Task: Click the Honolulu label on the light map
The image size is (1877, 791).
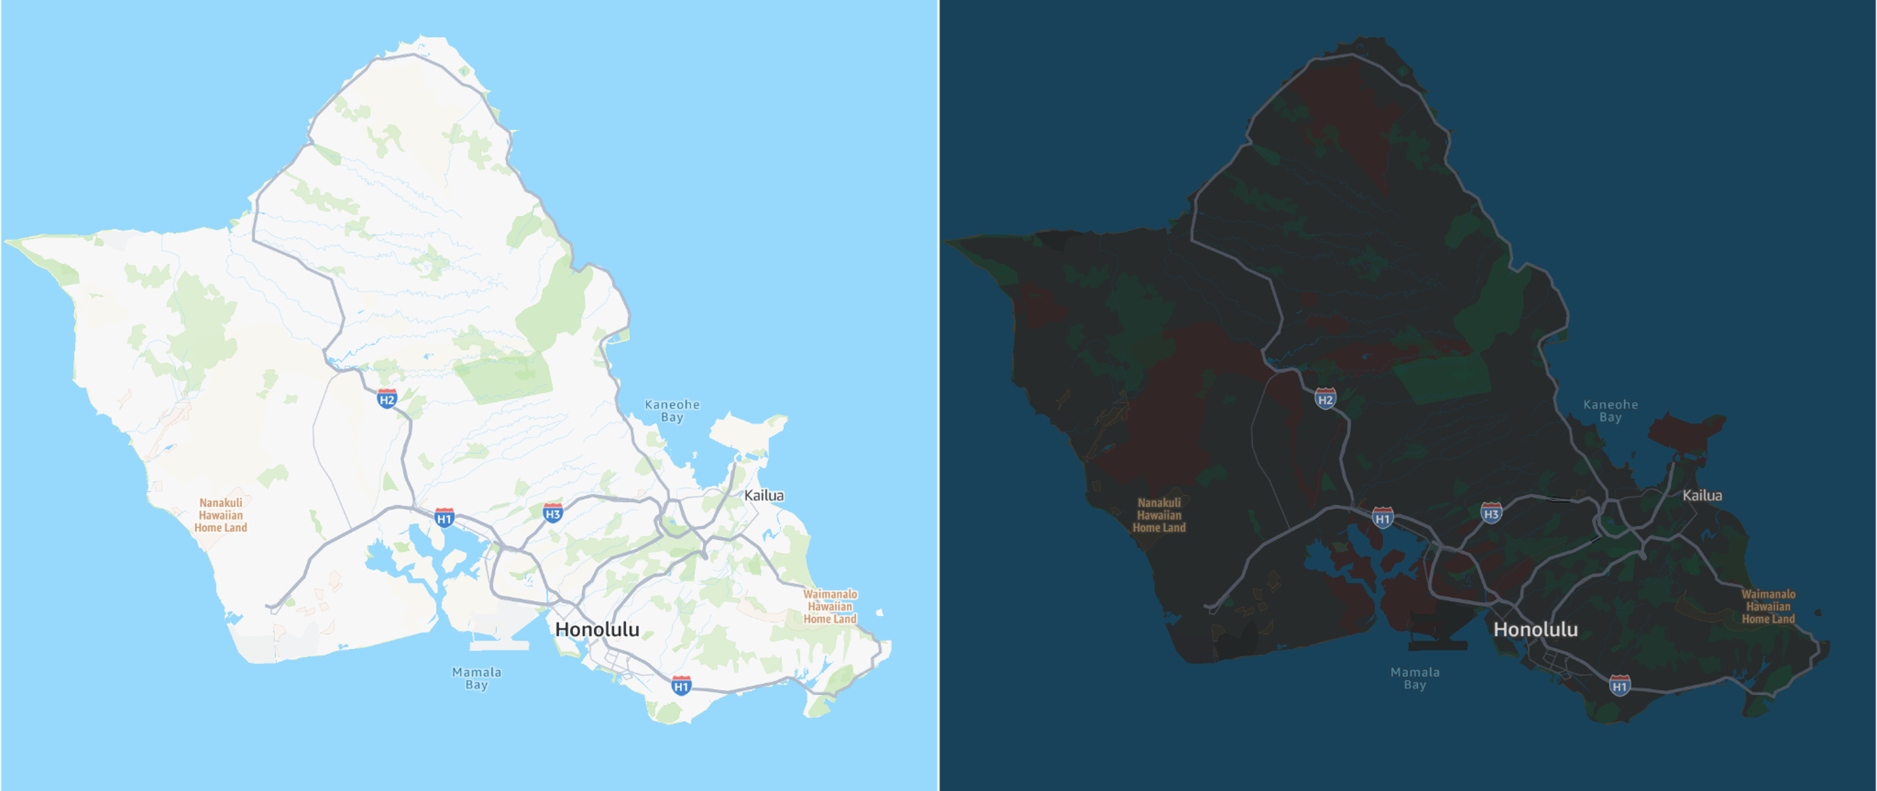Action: click(597, 630)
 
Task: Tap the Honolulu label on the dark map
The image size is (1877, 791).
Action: click(1535, 630)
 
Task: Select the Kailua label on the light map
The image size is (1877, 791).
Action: click(764, 496)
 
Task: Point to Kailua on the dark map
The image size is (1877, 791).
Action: click(1702, 496)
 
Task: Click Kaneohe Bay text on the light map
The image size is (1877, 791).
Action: click(672, 410)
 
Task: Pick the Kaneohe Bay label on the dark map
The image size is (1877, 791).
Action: click(1611, 410)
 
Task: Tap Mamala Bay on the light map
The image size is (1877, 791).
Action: click(477, 678)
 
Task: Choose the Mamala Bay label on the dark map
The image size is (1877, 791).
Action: click(1415, 678)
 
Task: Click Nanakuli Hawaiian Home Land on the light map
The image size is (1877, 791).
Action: click(221, 515)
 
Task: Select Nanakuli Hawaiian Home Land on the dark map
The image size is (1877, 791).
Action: click(1159, 515)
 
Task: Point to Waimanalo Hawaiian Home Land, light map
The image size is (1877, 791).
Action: click(830, 606)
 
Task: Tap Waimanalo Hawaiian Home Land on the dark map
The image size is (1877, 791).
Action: click(1768, 606)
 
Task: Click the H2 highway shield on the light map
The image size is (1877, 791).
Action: click(387, 399)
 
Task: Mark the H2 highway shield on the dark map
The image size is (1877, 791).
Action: click(1325, 399)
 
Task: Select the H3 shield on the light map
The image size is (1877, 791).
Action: click(553, 513)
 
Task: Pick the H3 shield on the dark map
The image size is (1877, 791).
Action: click(1491, 513)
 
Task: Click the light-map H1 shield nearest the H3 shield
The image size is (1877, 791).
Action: click(444, 518)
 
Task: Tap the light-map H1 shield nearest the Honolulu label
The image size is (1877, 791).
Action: click(681, 685)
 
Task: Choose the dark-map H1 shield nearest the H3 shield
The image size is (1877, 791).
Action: click(1383, 518)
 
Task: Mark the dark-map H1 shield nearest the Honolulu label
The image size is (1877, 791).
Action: click(1620, 685)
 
